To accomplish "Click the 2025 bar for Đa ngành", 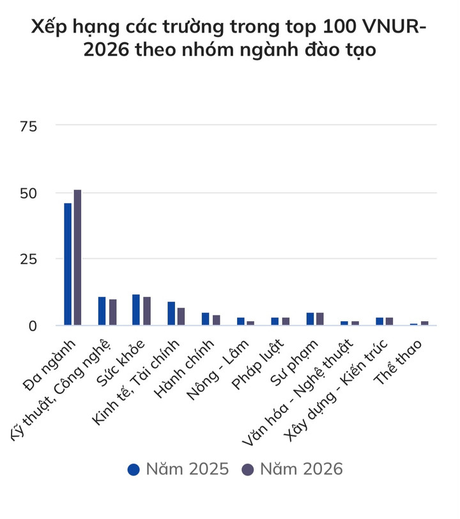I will tap(68, 264).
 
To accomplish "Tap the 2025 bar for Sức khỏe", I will tap(136, 310).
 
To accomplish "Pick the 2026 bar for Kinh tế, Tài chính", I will tap(181, 317).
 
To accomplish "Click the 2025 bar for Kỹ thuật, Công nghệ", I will tap(102, 312).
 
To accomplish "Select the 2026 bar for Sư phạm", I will tap(320, 319).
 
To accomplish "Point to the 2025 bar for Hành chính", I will tap(205, 319).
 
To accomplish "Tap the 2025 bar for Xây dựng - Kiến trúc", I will tap(379, 322).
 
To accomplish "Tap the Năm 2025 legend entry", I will tap(178, 469).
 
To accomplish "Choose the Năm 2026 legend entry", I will tap(293, 469).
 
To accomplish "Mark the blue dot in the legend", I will tap(134, 470).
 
